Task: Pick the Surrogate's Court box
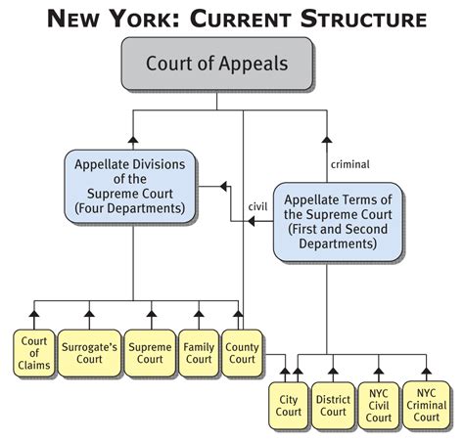click(88, 351)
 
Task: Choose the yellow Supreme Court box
click(150, 351)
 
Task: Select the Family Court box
click(199, 351)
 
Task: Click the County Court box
click(241, 351)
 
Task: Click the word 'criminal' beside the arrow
click(350, 163)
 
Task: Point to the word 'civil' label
click(258, 205)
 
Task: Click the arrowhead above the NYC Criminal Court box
click(426, 369)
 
